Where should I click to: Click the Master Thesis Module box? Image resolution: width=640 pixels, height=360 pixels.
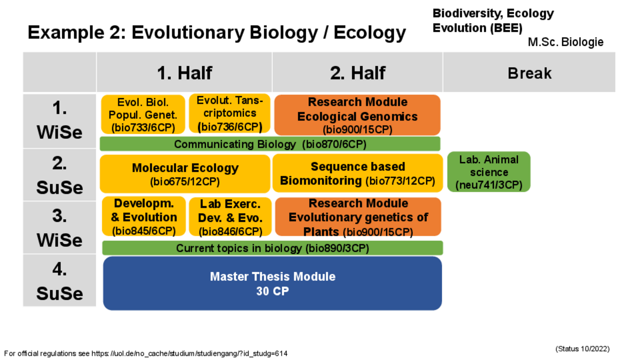click(273, 283)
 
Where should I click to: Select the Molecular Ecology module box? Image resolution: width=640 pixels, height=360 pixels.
click(185, 174)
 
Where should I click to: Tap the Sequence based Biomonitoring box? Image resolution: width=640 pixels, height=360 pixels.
click(357, 173)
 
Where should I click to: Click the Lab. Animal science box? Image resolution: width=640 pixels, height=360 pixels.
click(489, 172)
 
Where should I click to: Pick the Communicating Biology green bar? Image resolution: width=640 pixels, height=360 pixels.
click(270, 143)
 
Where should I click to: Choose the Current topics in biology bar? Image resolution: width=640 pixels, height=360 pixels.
click(273, 247)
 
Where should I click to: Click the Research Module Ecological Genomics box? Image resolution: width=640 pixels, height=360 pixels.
click(357, 115)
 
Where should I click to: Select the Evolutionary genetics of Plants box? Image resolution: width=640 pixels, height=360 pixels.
click(358, 217)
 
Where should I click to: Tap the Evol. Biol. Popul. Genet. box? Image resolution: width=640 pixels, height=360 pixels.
click(143, 114)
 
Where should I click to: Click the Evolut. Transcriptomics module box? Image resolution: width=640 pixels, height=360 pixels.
click(229, 114)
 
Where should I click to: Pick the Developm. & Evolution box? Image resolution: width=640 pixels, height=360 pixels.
click(143, 217)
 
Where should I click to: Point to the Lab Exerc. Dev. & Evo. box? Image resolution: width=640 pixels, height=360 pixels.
click(230, 217)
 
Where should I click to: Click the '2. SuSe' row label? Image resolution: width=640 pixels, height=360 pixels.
click(59, 175)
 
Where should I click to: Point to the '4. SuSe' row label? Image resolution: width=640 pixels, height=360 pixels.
click(59, 281)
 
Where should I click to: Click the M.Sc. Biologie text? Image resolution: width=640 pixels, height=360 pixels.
click(565, 42)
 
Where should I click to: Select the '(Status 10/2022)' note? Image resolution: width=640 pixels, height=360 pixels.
click(582, 349)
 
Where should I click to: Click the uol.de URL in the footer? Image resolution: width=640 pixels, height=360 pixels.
click(189, 354)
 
